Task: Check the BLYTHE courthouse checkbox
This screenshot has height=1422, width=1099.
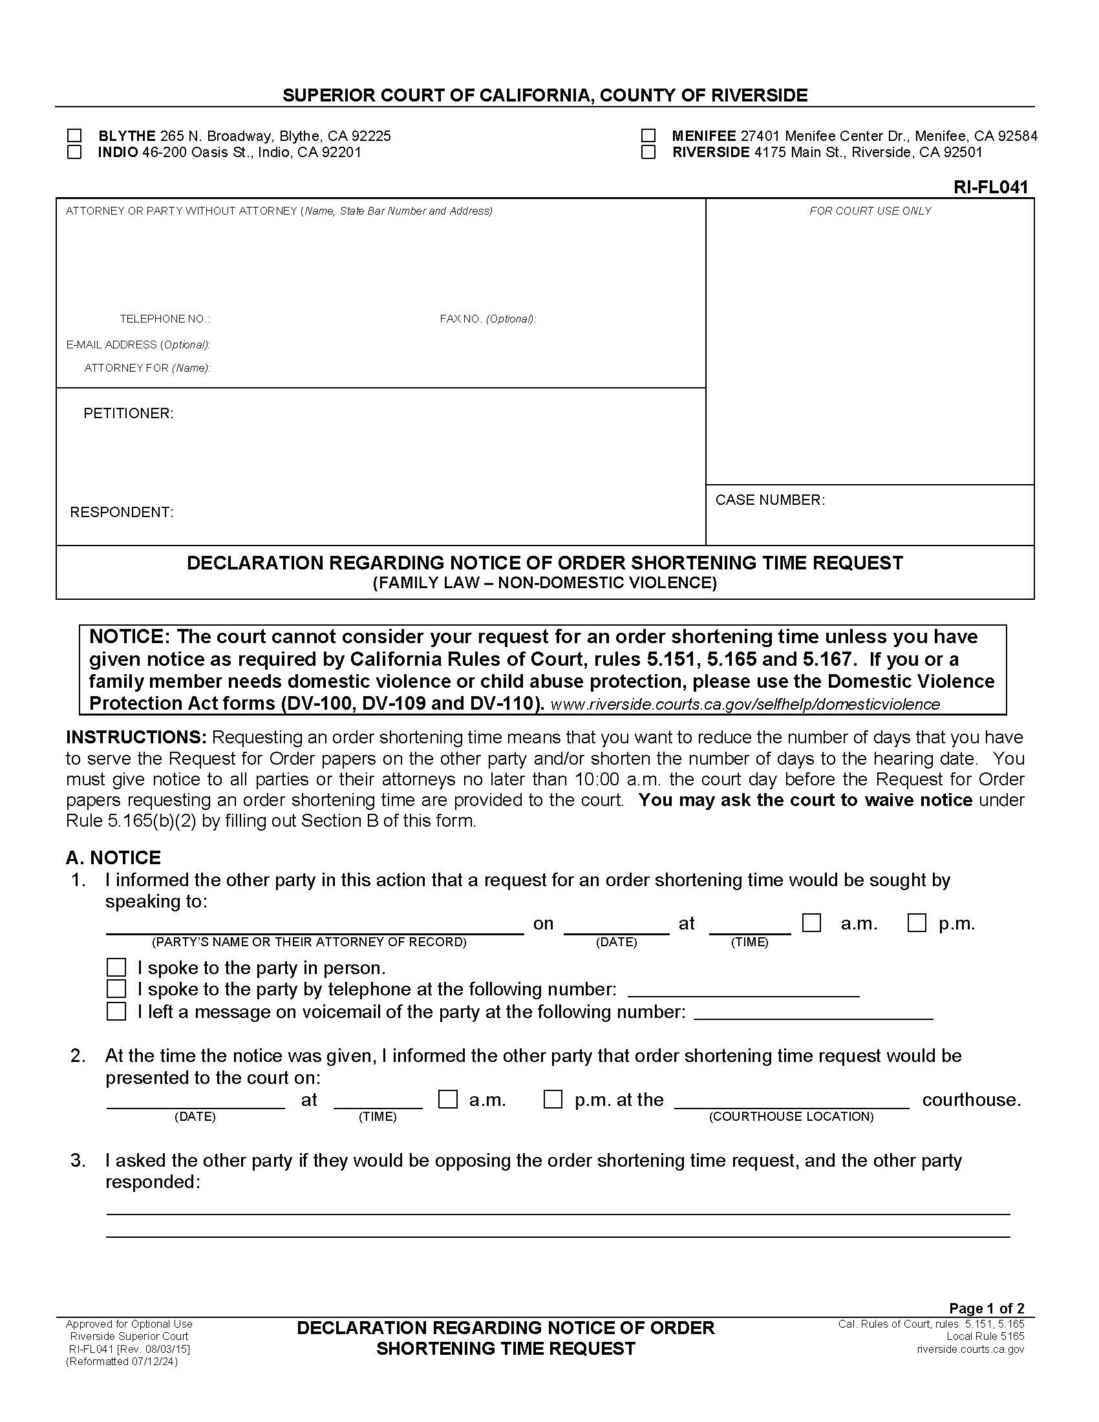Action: pos(75,136)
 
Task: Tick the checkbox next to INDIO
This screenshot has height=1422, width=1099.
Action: pos(75,152)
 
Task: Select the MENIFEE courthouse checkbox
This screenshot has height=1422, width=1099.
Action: pos(648,136)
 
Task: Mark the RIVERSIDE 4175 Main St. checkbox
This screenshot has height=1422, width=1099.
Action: pos(648,152)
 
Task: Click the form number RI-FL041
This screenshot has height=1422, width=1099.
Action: pos(990,187)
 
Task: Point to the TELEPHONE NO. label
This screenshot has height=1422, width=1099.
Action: pos(165,319)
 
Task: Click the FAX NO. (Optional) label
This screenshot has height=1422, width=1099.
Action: pos(487,319)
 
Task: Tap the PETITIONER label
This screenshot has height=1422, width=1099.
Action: pos(128,414)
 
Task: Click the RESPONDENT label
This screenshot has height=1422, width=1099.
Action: pos(122,513)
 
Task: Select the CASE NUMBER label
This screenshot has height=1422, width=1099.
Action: pos(769,500)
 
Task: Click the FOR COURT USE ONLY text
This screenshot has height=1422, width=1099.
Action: pos(870,211)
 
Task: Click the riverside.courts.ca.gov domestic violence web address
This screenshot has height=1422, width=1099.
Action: pos(745,705)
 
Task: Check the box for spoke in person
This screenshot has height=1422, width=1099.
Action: pos(116,968)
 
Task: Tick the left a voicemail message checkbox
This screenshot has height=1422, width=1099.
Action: pos(116,1011)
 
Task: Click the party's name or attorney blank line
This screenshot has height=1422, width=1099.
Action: pos(314,928)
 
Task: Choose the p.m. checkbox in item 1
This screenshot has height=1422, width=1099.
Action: pos(917,923)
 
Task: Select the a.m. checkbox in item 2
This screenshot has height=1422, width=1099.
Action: pos(447,1099)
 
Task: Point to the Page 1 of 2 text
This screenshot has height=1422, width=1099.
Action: pos(987,1308)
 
